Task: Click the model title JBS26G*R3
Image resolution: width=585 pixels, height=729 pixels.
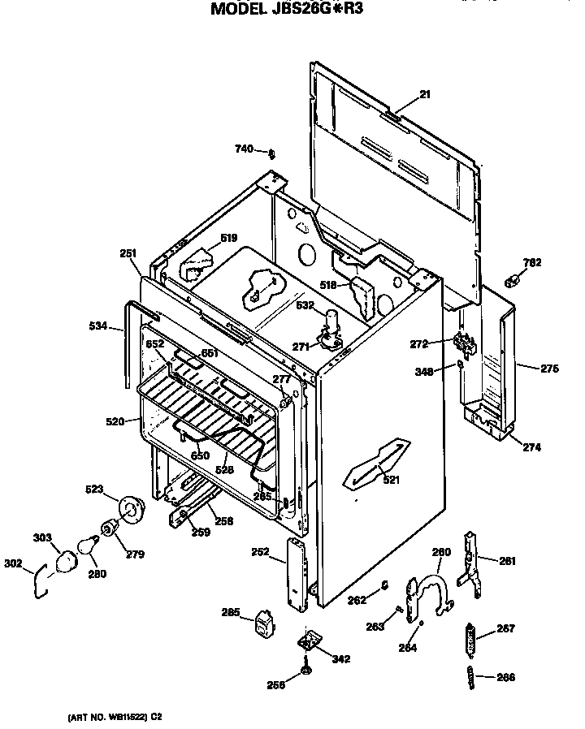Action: [293, 10]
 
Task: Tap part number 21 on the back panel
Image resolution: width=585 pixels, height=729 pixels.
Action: [424, 95]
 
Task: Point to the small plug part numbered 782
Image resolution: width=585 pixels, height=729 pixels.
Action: [512, 281]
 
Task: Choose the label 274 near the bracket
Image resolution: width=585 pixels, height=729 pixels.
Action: [532, 447]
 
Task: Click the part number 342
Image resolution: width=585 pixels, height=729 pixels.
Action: [341, 658]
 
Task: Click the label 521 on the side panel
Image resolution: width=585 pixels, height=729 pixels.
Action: [392, 479]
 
